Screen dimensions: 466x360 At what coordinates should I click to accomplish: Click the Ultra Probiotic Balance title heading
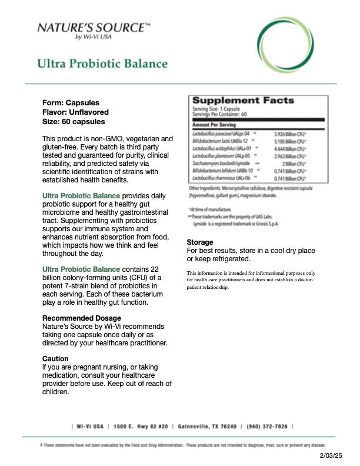pos(102,64)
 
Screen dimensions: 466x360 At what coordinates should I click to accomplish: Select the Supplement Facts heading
pos(243,101)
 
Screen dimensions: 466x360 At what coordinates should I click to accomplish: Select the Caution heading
pos(55,358)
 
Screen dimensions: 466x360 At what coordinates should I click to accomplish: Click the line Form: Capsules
pos(71,102)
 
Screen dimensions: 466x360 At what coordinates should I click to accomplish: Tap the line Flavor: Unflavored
pos(75,112)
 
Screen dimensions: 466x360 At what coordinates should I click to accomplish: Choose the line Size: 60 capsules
pos(74,122)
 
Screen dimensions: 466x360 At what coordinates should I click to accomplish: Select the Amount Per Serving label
pos(214,125)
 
